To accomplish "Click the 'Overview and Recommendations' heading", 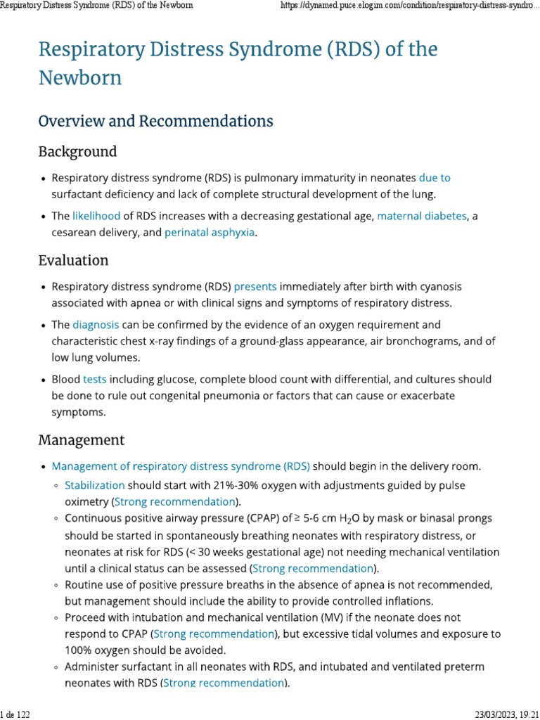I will [x=155, y=121].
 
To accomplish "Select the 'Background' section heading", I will [x=77, y=152].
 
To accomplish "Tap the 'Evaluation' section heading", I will [x=73, y=260].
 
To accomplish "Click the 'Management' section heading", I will [x=81, y=440].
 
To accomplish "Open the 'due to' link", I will [x=435, y=178].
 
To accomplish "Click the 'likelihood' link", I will [x=96, y=216].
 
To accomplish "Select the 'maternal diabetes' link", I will [x=422, y=216].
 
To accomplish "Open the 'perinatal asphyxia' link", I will [x=209, y=232].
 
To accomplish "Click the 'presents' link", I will [x=255, y=286].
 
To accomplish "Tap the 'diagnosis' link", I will [x=96, y=325].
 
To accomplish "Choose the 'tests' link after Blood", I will [x=95, y=379].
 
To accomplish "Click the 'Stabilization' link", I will [x=95, y=485].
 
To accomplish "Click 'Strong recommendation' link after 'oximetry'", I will [x=174, y=501].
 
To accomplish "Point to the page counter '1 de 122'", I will [x=15, y=714].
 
